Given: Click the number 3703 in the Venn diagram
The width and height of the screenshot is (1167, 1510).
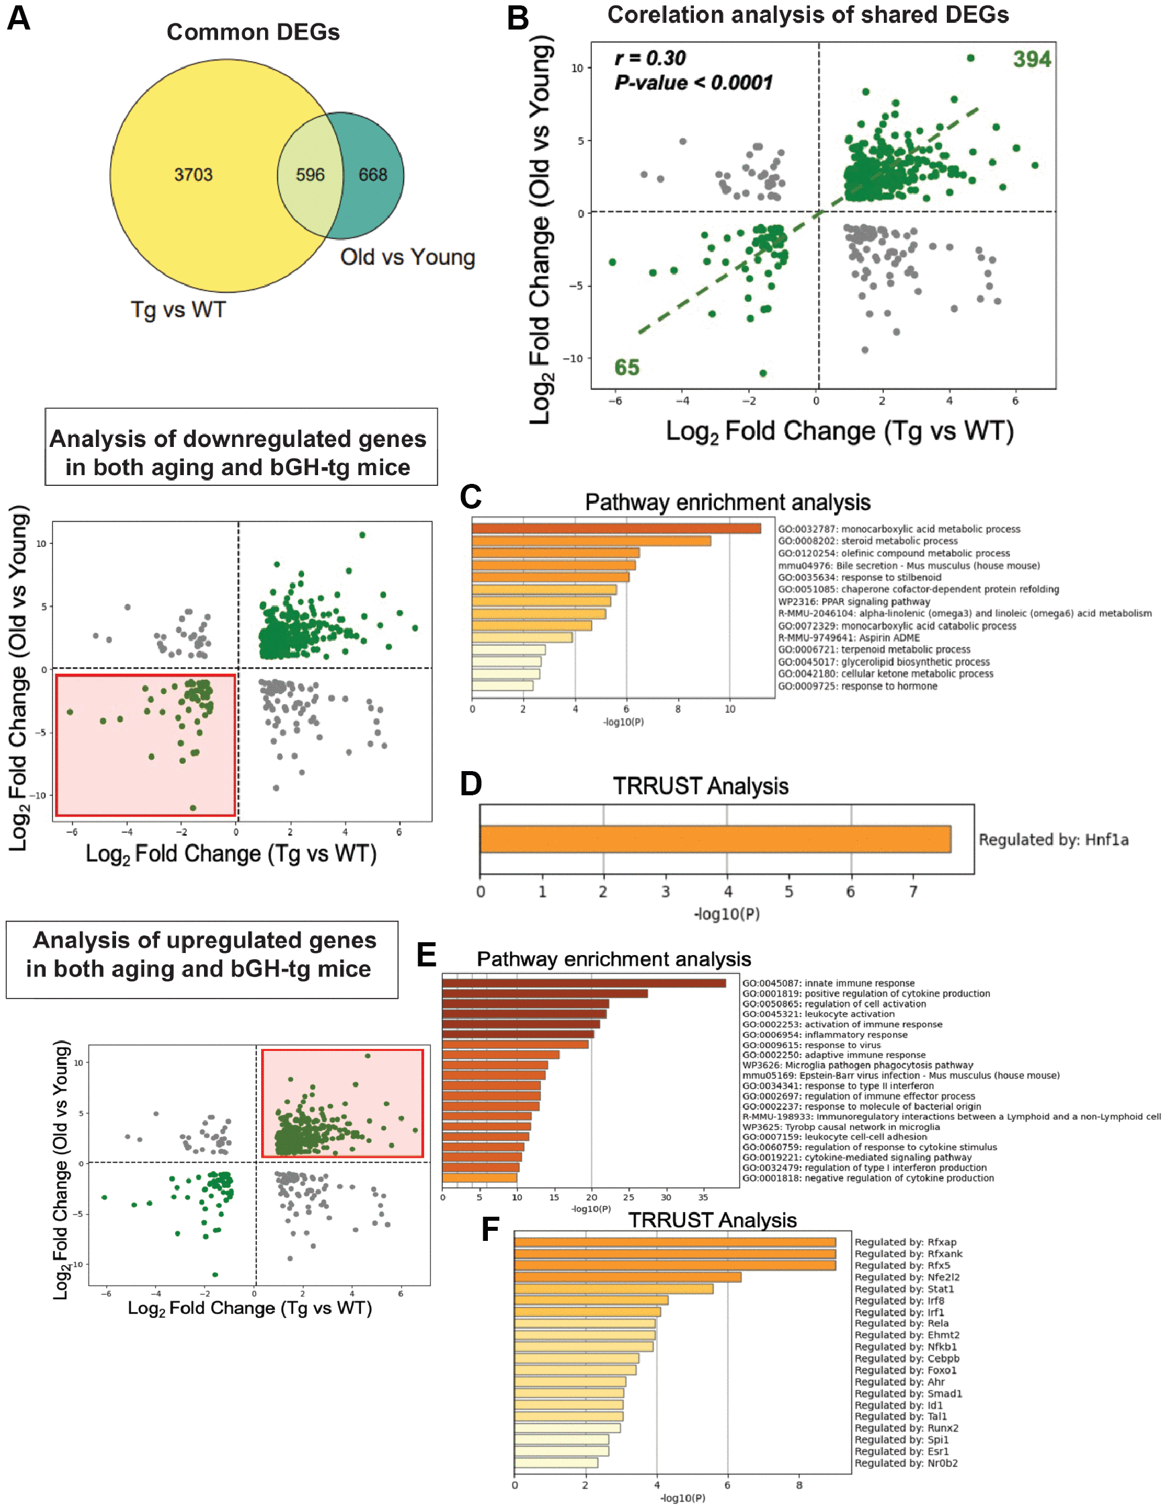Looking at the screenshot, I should point(193,174).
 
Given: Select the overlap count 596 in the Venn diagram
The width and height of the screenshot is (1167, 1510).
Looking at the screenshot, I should point(310,174).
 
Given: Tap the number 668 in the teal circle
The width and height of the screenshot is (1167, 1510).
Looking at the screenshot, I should point(372,174).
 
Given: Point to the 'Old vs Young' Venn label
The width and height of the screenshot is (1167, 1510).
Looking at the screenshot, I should point(407,257).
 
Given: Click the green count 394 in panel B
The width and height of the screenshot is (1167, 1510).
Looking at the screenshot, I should point(1031,60).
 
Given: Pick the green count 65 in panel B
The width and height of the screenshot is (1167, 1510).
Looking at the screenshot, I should point(626,367).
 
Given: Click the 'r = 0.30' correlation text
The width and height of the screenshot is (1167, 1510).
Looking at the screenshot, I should point(650,58).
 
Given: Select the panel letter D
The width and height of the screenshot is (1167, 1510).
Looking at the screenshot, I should point(471,784).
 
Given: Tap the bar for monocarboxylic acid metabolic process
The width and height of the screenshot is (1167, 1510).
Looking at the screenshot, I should point(616,529).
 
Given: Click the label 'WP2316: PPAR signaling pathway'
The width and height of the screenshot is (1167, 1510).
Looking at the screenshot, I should point(854,601).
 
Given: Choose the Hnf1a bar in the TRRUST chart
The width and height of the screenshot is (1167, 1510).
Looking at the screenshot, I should point(715,840).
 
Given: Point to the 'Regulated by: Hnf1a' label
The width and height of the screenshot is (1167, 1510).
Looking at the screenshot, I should point(1053,840).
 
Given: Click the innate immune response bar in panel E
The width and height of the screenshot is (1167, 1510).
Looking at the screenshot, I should point(584,983).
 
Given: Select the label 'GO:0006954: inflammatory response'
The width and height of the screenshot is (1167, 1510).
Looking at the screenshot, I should point(825,1034).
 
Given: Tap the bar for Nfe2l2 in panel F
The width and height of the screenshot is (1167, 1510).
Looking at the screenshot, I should point(627,1277).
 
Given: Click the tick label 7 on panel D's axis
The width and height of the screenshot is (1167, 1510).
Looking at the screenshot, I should point(913,892).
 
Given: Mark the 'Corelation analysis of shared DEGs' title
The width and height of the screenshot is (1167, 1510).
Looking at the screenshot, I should point(807,15).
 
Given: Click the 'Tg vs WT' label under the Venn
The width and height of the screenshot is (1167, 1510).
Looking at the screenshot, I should point(179,310).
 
